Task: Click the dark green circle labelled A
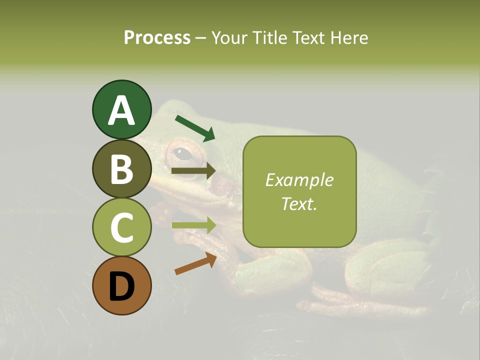[x=121, y=109]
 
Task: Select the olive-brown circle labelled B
[x=121, y=168]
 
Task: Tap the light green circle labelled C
[x=121, y=227]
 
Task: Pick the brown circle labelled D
[x=121, y=285]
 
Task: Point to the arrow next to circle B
[x=193, y=171]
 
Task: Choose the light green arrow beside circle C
[x=193, y=225]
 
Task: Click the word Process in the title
[x=157, y=37]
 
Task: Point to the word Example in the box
[x=299, y=180]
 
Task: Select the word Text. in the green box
[x=299, y=204]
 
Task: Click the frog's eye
[x=184, y=153]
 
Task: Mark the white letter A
[x=121, y=110]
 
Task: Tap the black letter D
[x=121, y=286]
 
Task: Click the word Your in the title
[x=229, y=37]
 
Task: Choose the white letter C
[x=121, y=227]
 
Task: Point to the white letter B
[x=121, y=169]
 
